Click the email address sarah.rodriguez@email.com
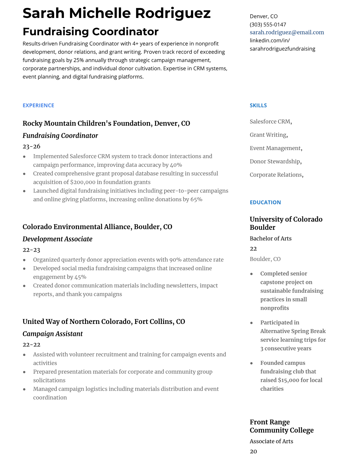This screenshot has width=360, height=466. click(287, 32)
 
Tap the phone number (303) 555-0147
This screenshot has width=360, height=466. click(268, 24)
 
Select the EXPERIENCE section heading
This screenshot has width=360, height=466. click(38, 105)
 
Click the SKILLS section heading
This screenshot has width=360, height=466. click(258, 105)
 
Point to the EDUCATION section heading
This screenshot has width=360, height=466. click(265, 202)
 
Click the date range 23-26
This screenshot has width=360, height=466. click(31, 146)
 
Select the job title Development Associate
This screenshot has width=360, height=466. click(57, 239)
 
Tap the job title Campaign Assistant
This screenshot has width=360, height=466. click(53, 334)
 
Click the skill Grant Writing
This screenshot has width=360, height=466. click(268, 135)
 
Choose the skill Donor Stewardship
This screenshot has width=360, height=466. click(275, 161)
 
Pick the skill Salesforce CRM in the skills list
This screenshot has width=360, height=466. click(270, 122)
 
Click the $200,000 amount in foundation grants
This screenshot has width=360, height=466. click(83, 182)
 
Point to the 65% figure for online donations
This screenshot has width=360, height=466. click(196, 199)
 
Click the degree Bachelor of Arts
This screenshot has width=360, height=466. click(271, 238)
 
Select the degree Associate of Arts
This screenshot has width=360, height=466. click(271, 441)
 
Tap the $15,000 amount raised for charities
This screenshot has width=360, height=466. click(288, 380)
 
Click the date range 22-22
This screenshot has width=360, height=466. click(31, 344)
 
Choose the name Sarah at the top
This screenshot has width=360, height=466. click(44, 13)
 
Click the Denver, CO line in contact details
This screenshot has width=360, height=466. click(264, 16)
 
